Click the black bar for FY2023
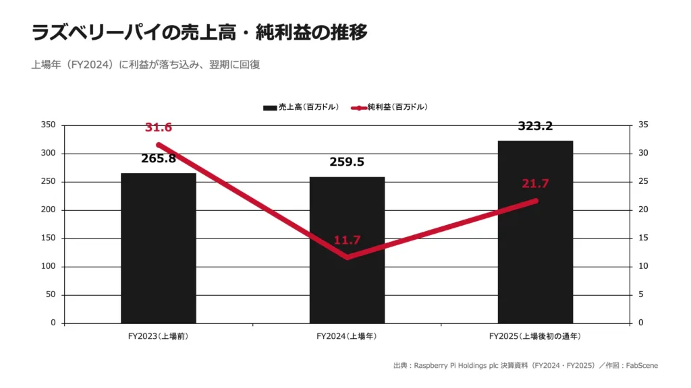(159, 248)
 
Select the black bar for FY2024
(348, 250)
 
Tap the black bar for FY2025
(535, 232)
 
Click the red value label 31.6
(158, 127)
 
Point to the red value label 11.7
(347, 240)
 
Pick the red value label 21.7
(535, 183)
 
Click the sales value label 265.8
(158, 159)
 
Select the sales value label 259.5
(347, 162)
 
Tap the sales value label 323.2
(535, 126)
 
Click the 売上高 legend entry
(301, 107)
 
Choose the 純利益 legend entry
(389, 107)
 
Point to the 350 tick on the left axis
(49, 125)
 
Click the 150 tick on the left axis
(49, 238)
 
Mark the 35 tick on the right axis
(643, 125)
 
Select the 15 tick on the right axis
(643, 238)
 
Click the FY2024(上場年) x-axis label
(347, 337)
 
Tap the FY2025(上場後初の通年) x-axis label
(535, 337)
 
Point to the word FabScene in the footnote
(642, 366)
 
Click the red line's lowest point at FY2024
(348, 257)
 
